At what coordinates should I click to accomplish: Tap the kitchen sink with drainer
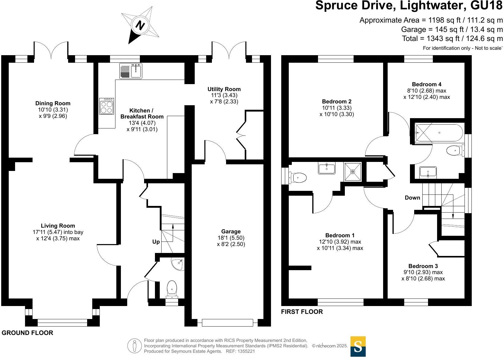point(131,71)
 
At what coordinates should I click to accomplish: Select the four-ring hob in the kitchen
point(106,106)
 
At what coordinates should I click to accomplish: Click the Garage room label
point(231,232)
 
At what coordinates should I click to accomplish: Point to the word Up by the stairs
point(156,242)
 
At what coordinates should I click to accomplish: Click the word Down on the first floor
point(412,198)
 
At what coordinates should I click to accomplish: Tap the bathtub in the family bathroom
point(439,133)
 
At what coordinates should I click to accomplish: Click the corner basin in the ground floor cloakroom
point(178,264)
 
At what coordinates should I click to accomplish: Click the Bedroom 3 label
point(423,266)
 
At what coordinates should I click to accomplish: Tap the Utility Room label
point(224,89)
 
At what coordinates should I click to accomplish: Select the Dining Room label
point(53,103)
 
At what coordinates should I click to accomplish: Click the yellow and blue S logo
point(358,346)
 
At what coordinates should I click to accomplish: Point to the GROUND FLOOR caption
point(27,333)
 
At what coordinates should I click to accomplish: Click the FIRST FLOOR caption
point(302,312)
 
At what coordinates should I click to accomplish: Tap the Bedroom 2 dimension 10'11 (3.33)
point(337,108)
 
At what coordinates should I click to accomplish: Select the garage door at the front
point(228,323)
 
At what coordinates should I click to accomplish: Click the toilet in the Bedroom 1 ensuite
point(298,177)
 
